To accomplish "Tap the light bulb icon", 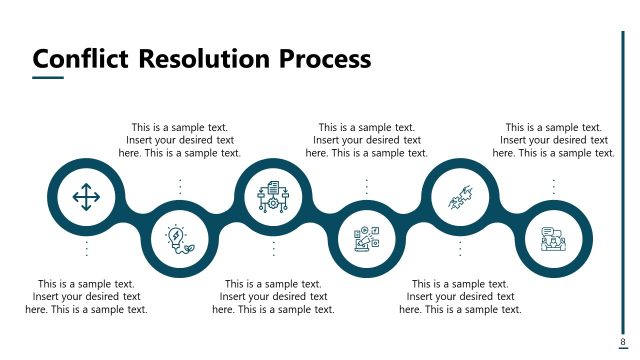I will [x=180, y=238].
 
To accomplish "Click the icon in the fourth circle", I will [x=367, y=238].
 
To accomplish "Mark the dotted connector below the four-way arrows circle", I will [x=86, y=249].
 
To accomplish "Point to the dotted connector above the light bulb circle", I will [x=180, y=186].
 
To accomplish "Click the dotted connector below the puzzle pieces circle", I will [x=460, y=249].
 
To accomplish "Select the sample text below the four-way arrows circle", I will [x=86, y=297].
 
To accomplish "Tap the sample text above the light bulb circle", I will [x=180, y=140].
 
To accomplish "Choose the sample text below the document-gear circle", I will [x=273, y=297].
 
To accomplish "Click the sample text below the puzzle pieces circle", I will [x=460, y=297].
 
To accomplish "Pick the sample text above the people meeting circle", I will [x=553, y=140].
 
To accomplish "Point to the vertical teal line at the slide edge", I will [x=622, y=180].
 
